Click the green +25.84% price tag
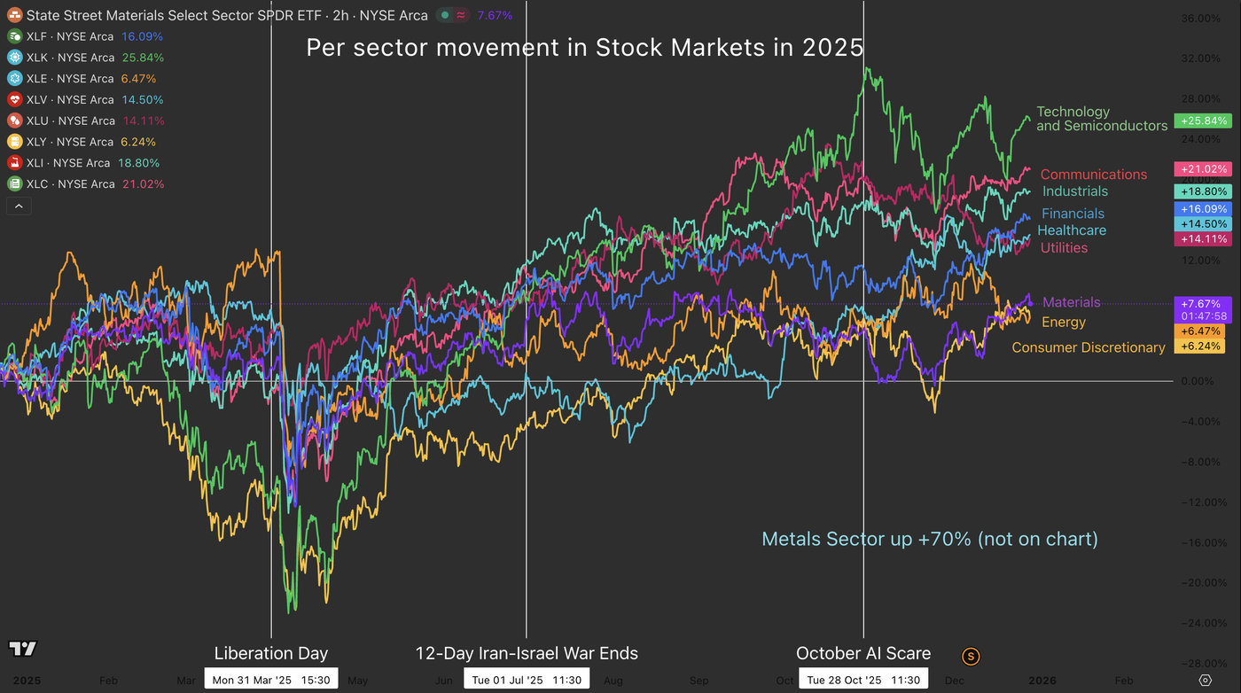(x=1202, y=121)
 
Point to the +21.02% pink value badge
(x=1202, y=169)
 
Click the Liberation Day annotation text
(x=271, y=654)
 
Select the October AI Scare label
(x=863, y=654)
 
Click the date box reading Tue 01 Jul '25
(x=527, y=680)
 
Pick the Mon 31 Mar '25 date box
(x=271, y=680)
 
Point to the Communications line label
(x=1094, y=175)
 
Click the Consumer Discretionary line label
(x=1089, y=347)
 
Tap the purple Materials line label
(x=1072, y=302)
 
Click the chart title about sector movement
(x=585, y=48)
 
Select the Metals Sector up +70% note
(x=930, y=539)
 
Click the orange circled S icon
(x=972, y=657)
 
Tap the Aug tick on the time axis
(x=613, y=681)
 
